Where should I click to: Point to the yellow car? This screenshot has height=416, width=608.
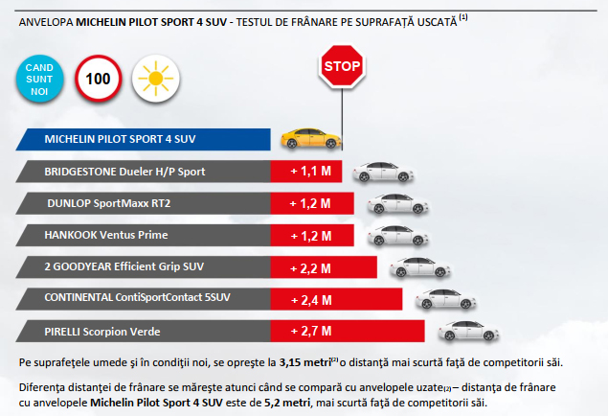point(311,140)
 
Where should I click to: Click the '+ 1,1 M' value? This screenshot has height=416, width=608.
point(310,173)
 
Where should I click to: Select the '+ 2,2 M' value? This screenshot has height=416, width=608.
point(310,267)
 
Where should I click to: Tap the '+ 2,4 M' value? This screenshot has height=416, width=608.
point(310,299)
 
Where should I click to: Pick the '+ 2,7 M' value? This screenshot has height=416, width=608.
point(310,332)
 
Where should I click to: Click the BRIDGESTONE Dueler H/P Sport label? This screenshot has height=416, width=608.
point(124,172)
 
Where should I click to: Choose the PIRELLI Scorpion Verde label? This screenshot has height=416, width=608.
point(101,332)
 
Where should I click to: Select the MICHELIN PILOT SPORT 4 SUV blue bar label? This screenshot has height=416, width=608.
point(119,139)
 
